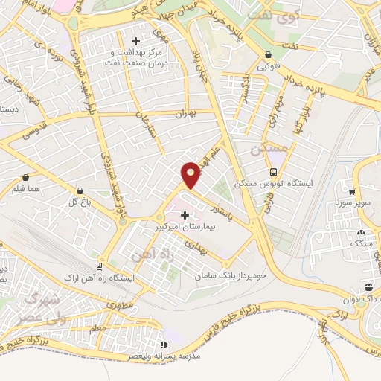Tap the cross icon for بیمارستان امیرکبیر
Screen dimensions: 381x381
(x=185, y=214)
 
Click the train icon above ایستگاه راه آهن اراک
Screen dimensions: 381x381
(x=100, y=266)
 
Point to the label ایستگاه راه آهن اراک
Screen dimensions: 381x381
(x=100, y=278)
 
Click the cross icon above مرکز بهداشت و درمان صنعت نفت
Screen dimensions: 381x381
(x=135, y=41)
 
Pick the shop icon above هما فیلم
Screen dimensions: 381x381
(x=27, y=178)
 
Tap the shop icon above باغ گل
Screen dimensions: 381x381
(x=80, y=191)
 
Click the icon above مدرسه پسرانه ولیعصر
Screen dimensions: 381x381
(x=164, y=345)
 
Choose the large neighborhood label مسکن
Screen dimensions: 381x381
(x=269, y=148)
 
